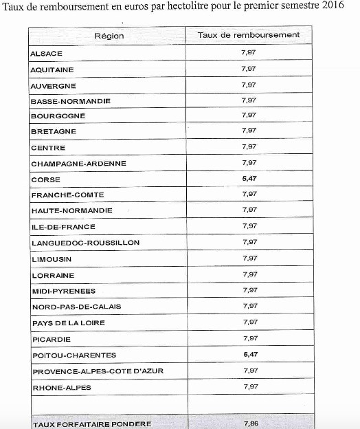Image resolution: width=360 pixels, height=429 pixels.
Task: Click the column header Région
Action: pyautogui.click(x=109, y=36)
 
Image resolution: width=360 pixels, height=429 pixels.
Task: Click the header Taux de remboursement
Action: pyautogui.click(x=248, y=35)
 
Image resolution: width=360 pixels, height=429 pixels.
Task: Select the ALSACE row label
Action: pyautogui.click(x=47, y=54)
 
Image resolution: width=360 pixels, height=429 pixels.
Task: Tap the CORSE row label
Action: pyautogui.click(x=46, y=179)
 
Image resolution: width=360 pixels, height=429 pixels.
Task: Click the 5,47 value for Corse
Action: pyautogui.click(x=249, y=178)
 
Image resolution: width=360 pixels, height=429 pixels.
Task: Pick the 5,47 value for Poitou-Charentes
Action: pyautogui.click(x=249, y=354)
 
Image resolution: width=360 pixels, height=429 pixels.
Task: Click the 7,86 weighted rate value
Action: pyautogui.click(x=250, y=423)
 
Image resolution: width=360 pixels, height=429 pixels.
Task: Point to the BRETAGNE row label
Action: pyautogui.click(x=54, y=131)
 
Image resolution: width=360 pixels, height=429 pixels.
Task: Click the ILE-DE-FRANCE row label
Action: pyautogui.click(x=63, y=227)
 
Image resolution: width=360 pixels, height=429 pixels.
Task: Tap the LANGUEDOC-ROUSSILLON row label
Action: pyautogui.click(x=86, y=243)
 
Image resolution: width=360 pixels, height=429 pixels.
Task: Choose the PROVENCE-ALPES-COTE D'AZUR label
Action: pyautogui.click(x=98, y=371)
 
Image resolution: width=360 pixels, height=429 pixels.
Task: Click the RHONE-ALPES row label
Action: pyautogui.click(x=62, y=388)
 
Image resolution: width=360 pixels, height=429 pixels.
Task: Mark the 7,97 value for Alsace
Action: pyautogui.click(x=249, y=52)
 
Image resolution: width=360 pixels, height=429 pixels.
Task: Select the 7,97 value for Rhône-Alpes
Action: pyautogui.click(x=249, y=386)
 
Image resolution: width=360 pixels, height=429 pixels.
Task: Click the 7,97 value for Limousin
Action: pyautogui.click(x=249, y=258)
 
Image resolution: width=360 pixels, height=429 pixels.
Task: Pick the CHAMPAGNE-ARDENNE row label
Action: pyautogui.click(x=79, y=164)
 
